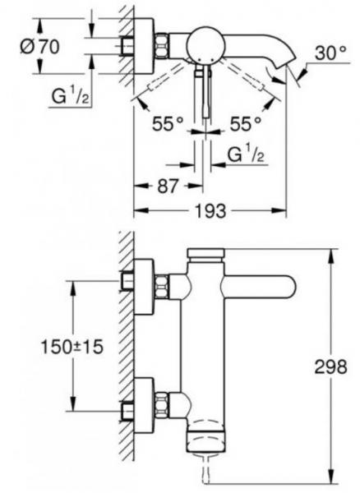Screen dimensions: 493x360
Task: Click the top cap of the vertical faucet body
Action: [205, 254]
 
